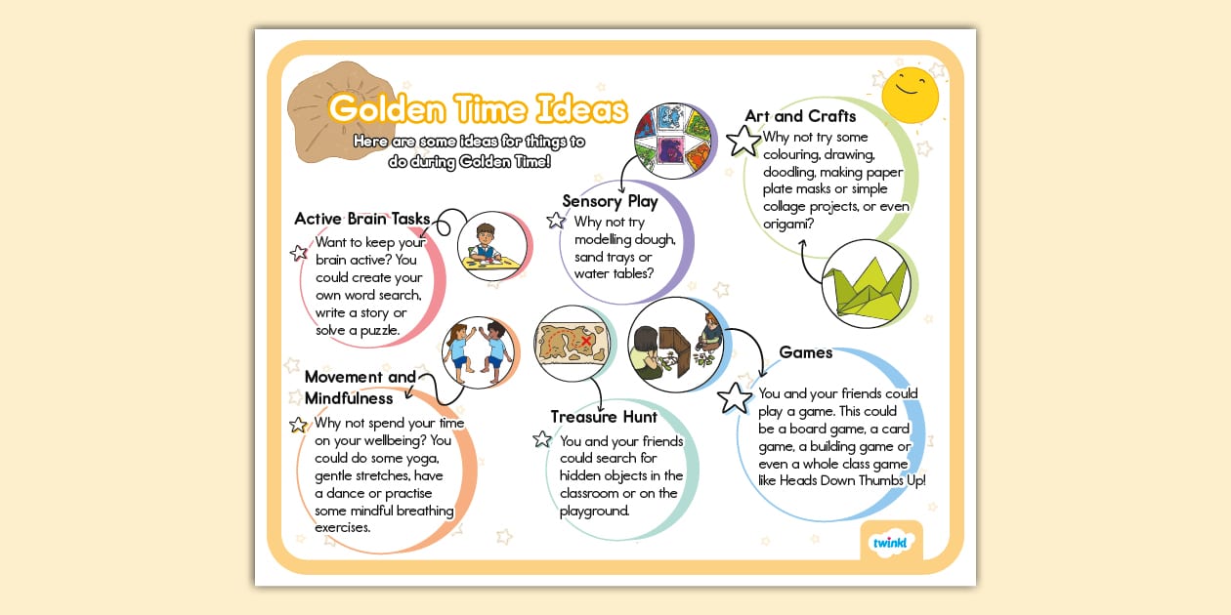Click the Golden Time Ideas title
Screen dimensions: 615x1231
pos(477,109)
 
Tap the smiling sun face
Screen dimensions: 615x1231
pos(910,94)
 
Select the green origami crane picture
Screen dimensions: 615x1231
pos(866,284)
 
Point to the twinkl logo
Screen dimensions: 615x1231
pos(890,541)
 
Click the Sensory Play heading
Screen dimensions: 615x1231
pos(610,201)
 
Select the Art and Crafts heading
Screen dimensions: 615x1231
pos(800,116)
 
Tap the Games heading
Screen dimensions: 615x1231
pos(806,352)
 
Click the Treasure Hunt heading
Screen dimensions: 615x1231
pos(604,417)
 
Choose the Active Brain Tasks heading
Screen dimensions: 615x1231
pos(362,219)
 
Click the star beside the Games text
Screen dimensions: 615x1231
pos(735,398)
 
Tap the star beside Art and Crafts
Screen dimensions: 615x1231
pos(743,141)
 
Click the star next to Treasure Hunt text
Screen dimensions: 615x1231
pos(542,439)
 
